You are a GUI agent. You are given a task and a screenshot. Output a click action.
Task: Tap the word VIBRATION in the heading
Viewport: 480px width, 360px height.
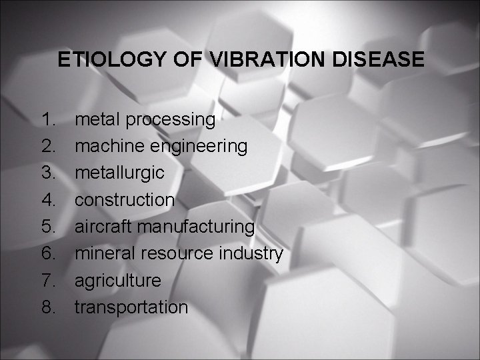pyautogui.click(x=254, y=60)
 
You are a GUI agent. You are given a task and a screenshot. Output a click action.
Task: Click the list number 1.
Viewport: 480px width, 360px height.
pyautogui.click(x=48, y=120)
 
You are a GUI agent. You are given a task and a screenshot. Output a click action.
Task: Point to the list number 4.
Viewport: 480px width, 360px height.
pyautogui.click(x=48, y=200)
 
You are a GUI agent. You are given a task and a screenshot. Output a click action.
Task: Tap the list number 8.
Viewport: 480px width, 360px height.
pyautogui.click(x=48, y=307)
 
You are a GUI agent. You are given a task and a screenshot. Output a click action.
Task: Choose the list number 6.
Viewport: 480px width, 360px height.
pyautogui.click(x=48, y=254)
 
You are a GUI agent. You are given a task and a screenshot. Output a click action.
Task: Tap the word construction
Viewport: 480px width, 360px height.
pyautogui.click(x=125, y=200)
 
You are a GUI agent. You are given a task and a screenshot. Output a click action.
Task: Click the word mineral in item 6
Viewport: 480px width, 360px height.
pyautogui.click(x=103, y=253)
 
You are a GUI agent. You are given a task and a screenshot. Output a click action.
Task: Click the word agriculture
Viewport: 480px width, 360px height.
pyautogui.click(x=117, y=281)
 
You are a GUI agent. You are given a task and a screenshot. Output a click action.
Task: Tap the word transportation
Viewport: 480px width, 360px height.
pyautogui.click(x=131, y=307)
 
